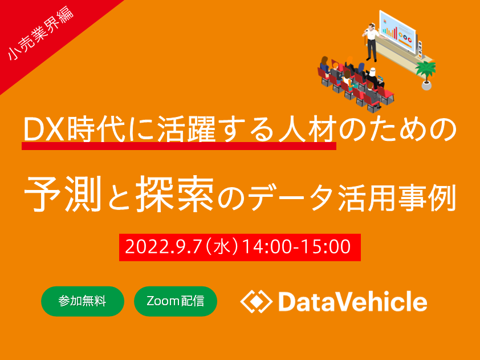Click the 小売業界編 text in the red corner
click(x=40, y=33)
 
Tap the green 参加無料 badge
click(x=83, y=301)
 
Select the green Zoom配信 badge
click(x=176, y=301)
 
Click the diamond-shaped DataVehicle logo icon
click(x=257, y=301)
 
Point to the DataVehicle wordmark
click(x=353, y=301)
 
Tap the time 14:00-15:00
click(x=296, y=246)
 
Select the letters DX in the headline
click(x=45, y=129)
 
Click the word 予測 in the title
click(x=63, y=195)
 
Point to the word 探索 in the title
click(x=174, y=195)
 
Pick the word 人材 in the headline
click(x=307, y=129)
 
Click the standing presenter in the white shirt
click(x=371, y=42)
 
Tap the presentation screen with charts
click(x=397, y=31)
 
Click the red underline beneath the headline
click(x=179, y=146)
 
